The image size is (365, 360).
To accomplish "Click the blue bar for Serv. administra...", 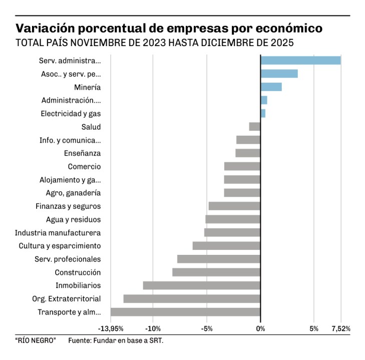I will click(x=300, y=61).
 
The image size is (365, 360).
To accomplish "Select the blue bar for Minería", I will click(x=271, y=87).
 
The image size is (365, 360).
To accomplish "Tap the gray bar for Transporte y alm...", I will click(x=185, y=312).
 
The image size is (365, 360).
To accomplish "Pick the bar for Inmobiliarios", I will click(x=201, y=285).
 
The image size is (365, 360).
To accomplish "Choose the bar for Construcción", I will click(x=216, y=272).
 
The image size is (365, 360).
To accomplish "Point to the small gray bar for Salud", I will click(x=255, y=127).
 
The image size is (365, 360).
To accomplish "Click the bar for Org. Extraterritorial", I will click(x=192, y=299).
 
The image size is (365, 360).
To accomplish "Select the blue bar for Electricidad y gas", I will click(x=263, y=114).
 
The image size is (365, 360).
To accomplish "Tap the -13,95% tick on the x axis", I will click(x=111, y=329).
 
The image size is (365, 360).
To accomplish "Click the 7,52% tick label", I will click(x=340, y=329).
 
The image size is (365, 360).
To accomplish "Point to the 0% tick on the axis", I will click(x=260, y=329).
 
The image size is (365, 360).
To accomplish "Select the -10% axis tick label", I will click(x=153, y=329).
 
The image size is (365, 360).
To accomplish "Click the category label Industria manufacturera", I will click(x=58, y=233).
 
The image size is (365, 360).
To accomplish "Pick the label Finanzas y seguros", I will click(x=68, y=206).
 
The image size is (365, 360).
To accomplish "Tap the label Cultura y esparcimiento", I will click(x=60, y=246).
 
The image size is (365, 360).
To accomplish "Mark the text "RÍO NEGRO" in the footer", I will click(x=35, y=341).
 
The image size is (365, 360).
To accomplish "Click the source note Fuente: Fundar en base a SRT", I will click(x=116, y=341).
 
